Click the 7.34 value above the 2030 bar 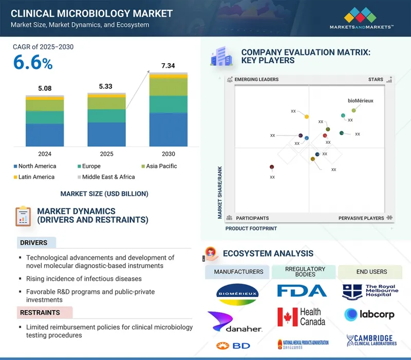point(168,66)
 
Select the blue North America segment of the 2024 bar point(45,135)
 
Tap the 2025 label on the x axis point(106,154)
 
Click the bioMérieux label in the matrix point(360,101)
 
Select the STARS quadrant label point(376,80)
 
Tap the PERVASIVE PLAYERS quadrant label point(361,218)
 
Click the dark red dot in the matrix point(272,167)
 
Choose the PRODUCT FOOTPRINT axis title point(251,229)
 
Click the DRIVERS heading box point(34,243)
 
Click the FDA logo point(302,291)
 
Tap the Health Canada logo point(302,317)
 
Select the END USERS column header point(371,272)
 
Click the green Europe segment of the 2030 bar point(168,104)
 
